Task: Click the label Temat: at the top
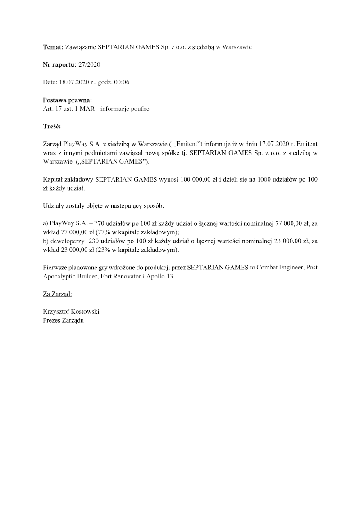click(x=53, y=47)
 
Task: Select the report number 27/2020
click(x=89, y=64)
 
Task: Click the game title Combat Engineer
click(x=278, y=267)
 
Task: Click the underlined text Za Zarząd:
click(x=57, y=294)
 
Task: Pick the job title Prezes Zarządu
click(x=64, y=320)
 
